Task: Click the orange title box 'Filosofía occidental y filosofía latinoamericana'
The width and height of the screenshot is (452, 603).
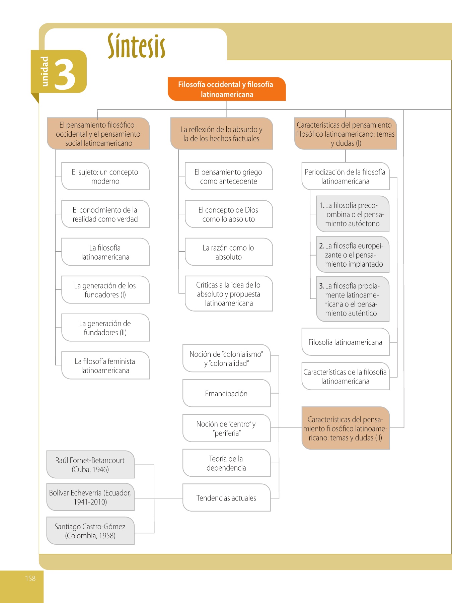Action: (x=227, y=89)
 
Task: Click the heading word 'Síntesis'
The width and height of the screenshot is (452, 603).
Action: (x=136, y=46)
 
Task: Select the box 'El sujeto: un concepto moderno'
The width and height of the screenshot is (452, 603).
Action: (x=105, y=177)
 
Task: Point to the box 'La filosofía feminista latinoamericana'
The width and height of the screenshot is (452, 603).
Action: (x=105, y=366)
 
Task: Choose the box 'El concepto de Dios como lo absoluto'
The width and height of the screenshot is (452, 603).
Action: (x=228, y=214)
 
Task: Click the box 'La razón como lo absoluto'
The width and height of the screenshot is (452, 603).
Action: (x=228, y=252)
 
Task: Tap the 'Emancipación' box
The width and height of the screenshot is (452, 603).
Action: (x=226, y=394)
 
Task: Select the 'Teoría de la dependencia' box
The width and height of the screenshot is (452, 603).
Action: (x=226, y=463)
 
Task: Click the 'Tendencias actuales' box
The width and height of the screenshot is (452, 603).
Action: (x=226, y=498)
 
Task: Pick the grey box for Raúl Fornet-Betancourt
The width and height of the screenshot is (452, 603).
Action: (x=90, y=465)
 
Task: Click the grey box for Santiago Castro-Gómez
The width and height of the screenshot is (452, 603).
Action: (x=90, y=531)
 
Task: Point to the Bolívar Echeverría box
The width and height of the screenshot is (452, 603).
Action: (x=90, y=497)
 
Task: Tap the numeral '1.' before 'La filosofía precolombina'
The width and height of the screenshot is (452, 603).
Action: (x=321, y=205)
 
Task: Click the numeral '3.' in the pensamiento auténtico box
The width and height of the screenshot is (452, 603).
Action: (x=321, y=286)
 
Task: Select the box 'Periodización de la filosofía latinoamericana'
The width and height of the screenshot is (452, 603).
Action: (x=345, y=177)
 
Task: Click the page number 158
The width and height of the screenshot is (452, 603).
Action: (x=30, y=579)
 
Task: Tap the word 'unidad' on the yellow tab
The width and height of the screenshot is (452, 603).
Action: (x=44, y=71)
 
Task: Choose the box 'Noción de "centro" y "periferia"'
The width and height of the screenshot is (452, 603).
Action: (x=226, y=428)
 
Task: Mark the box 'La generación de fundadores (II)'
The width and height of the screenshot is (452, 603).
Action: (x=105, y=328)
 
